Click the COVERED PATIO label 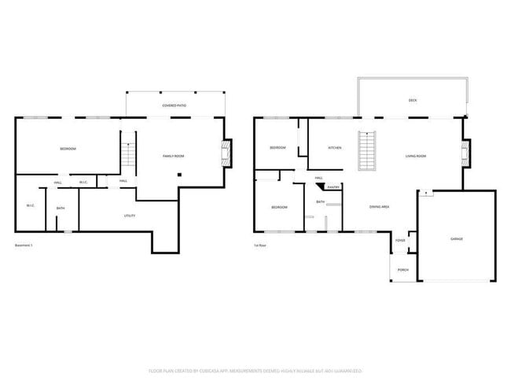175,105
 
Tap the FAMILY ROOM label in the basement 173,157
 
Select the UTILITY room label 130,215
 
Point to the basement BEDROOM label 68,149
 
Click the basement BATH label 61,208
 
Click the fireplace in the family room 227,153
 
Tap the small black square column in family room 179,175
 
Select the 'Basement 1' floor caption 24,245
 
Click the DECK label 413,101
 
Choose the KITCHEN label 334,148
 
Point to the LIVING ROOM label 416,156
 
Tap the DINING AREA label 380,206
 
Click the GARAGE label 456,238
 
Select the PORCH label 403,270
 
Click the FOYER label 400,240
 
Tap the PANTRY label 333,187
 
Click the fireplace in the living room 465,153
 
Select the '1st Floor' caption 259,245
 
